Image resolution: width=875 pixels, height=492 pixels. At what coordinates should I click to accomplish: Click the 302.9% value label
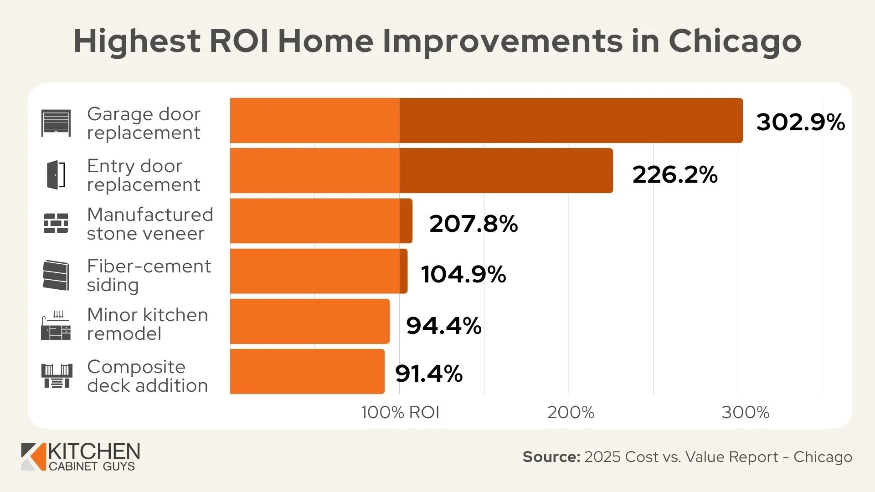[800, 122]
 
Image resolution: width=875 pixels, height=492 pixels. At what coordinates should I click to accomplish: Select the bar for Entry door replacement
[421, 170]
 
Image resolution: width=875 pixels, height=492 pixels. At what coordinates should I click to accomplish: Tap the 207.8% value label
[473, 224]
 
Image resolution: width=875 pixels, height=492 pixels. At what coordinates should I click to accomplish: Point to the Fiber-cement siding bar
[319, 271]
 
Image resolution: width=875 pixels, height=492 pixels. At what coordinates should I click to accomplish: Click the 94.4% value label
[443, 326]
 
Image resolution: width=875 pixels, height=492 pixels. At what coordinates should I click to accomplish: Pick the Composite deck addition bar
[307, 371]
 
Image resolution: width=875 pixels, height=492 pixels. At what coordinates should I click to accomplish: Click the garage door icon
[56, 123]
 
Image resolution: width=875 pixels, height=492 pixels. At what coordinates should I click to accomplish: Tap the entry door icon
[56, 174]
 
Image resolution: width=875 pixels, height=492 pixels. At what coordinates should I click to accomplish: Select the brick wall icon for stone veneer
[56, 223]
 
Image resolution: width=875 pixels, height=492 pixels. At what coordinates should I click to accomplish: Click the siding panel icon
[56, 275]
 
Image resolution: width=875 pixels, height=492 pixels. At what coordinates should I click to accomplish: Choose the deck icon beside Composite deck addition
[57, 376]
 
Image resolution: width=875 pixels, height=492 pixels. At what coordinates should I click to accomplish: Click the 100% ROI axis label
[400, 413]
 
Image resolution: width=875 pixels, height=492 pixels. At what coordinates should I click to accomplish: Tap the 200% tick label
[571, 413]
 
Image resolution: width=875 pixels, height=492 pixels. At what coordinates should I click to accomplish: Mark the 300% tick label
[745, 413]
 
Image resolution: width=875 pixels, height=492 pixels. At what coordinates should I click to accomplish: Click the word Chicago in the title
[735, 41]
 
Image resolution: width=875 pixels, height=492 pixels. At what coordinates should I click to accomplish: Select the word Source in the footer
[551, 456]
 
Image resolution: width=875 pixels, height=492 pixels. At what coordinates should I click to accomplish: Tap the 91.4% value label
[428, 374]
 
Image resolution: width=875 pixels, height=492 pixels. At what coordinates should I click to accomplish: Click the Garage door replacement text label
[144, 123]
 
